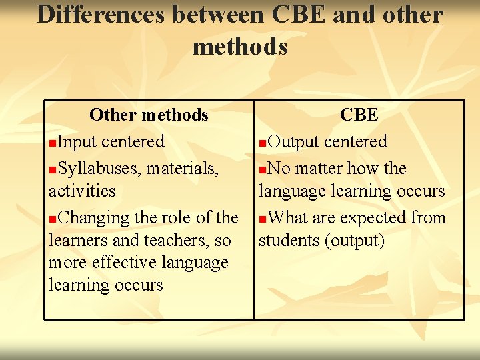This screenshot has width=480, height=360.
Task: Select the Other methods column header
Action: tap(149, 115)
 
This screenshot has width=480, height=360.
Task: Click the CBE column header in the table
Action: tap(359, 115)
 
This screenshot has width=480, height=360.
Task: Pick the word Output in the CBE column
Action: tap(293, 141)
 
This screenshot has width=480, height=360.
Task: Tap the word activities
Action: tap(82, 191)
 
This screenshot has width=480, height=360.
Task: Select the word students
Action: tap(289, 240)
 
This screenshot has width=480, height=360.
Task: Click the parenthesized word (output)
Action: tap(354, 240)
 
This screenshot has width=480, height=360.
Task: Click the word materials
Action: tap(182, 169)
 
